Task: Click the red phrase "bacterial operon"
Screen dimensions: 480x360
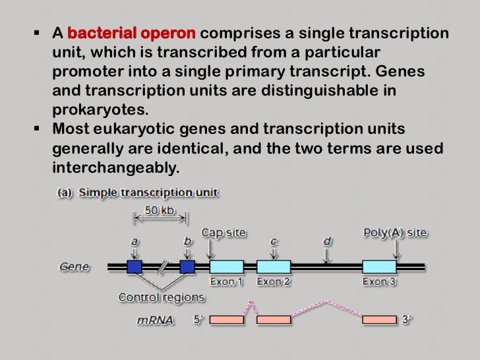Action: [131, 34]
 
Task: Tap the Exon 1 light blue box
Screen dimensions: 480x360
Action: [226, 267]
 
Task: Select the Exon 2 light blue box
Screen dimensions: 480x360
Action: [273, 267]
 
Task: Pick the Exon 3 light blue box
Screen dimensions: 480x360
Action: [379, 267]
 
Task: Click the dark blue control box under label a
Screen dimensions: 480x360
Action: [135, 267]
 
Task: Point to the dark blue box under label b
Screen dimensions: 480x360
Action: [187, 267]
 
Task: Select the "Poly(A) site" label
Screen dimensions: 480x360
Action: [395, 233]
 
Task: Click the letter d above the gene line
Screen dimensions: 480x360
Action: [326, 241]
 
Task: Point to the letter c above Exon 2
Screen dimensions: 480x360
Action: [274, 241]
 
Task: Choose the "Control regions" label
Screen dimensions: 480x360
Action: [162, 297]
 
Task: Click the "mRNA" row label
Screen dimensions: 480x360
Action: [156, 320]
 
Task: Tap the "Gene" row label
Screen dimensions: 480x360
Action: [74, 267]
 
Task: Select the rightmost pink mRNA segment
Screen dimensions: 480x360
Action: [379, 320]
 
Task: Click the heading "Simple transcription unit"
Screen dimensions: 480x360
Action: [148, 193]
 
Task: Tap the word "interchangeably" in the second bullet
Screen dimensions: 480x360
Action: [115, 167]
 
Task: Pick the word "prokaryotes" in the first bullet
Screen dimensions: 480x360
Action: [95, 109]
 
